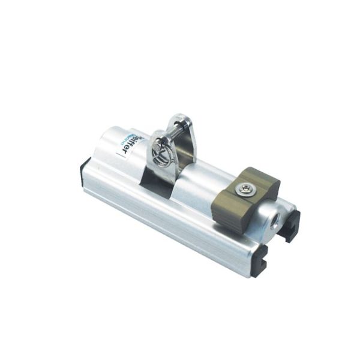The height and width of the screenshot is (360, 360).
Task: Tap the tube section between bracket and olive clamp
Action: point(204,180)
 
